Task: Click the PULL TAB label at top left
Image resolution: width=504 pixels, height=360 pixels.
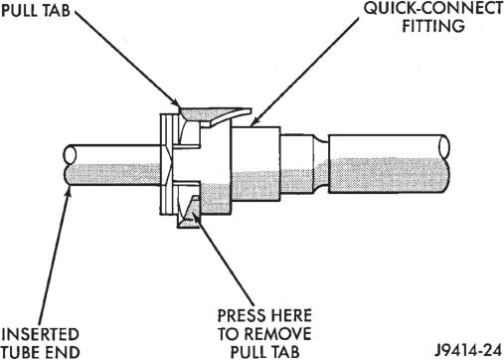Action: [x=36, y=10]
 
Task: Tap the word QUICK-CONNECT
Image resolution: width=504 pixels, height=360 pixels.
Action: [x=433, y=9]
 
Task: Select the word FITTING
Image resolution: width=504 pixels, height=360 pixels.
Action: [x=433, y=26]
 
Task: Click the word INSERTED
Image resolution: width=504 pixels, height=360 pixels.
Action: [x=40, y=334]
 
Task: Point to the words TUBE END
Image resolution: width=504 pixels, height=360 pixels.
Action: [x=41, y=352]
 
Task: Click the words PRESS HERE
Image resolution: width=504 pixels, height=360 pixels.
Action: [x=264, y=315]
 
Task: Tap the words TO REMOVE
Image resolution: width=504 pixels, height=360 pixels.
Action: [x=264, y=333]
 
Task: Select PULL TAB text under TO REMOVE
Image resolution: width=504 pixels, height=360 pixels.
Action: [x=264, y=351]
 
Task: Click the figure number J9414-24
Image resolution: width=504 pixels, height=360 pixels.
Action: [x=469, y=350]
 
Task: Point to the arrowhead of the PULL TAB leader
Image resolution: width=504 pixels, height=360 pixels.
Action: [x=178, y=104]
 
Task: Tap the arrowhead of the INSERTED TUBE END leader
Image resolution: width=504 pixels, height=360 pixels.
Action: [x=69, y=189]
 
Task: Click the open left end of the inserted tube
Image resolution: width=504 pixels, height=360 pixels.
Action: [x=70, y=154]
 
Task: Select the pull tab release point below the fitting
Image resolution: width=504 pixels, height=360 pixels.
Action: [x=188, y=212]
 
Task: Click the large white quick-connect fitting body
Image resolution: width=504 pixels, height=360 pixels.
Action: [x=255, y=166]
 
